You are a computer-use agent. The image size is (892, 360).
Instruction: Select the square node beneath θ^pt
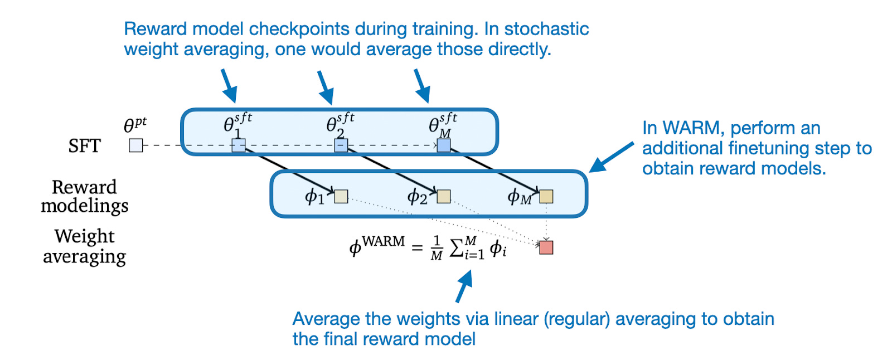[x=135, y=145]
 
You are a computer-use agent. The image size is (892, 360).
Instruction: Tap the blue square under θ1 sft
[x=238, y=145]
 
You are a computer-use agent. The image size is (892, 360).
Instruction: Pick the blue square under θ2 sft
[x=341, y=145]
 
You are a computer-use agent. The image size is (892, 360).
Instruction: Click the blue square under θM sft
[x=443, y=145]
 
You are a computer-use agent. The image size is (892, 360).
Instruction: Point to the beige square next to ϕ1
[x=341, y=196]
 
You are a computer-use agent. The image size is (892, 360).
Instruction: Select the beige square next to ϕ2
[x=443, y=196]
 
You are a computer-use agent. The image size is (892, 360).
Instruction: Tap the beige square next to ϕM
[x=546, y=196]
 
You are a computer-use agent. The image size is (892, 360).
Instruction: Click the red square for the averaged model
[x=546, y=247]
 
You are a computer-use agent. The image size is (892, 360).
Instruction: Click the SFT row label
[x=84, y=146]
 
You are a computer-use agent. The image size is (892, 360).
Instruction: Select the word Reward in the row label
[x=84, y=187]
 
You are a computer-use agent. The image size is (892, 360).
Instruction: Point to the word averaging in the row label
[x=84, y=257]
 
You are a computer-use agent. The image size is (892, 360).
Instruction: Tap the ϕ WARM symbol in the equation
[x=377, y=245]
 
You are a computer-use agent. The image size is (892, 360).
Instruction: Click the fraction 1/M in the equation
[x=437, y=248]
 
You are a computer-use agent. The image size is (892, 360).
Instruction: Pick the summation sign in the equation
[x=457, y=247]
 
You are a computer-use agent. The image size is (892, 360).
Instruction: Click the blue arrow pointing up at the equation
[x=463, y=286]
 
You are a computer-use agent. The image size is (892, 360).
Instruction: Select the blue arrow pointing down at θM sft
[x=422, y=85]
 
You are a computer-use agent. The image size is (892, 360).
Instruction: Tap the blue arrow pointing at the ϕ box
[x=612, y=157]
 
